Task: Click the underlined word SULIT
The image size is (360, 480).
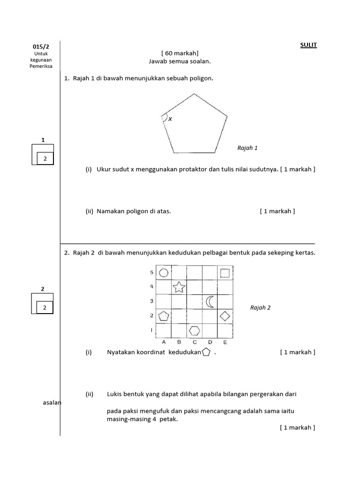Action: (x=308, y=45)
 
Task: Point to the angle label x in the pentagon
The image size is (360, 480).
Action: (x=170, y=119)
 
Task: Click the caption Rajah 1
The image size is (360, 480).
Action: (x=247, y=148)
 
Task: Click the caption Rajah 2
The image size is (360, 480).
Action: (x=260, y=307)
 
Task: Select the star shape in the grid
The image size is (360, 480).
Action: (x=179, y=287)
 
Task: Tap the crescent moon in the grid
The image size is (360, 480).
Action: (x=210, y=301)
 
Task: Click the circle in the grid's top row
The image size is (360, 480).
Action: (x=164, y=272)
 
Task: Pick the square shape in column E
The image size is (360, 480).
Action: (x=225, y=273)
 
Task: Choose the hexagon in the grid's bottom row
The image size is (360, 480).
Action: (x=195, y=330)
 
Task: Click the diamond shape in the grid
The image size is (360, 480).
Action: (x=225, y=316)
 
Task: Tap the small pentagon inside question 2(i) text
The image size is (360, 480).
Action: (x=206, y=352)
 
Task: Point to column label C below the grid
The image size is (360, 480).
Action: (x=195, y=342)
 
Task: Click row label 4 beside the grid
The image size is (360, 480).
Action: (x=151, y=286)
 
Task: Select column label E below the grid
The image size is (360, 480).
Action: (x=225, y=342)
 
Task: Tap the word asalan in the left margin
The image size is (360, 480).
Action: (x=52, y=403)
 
